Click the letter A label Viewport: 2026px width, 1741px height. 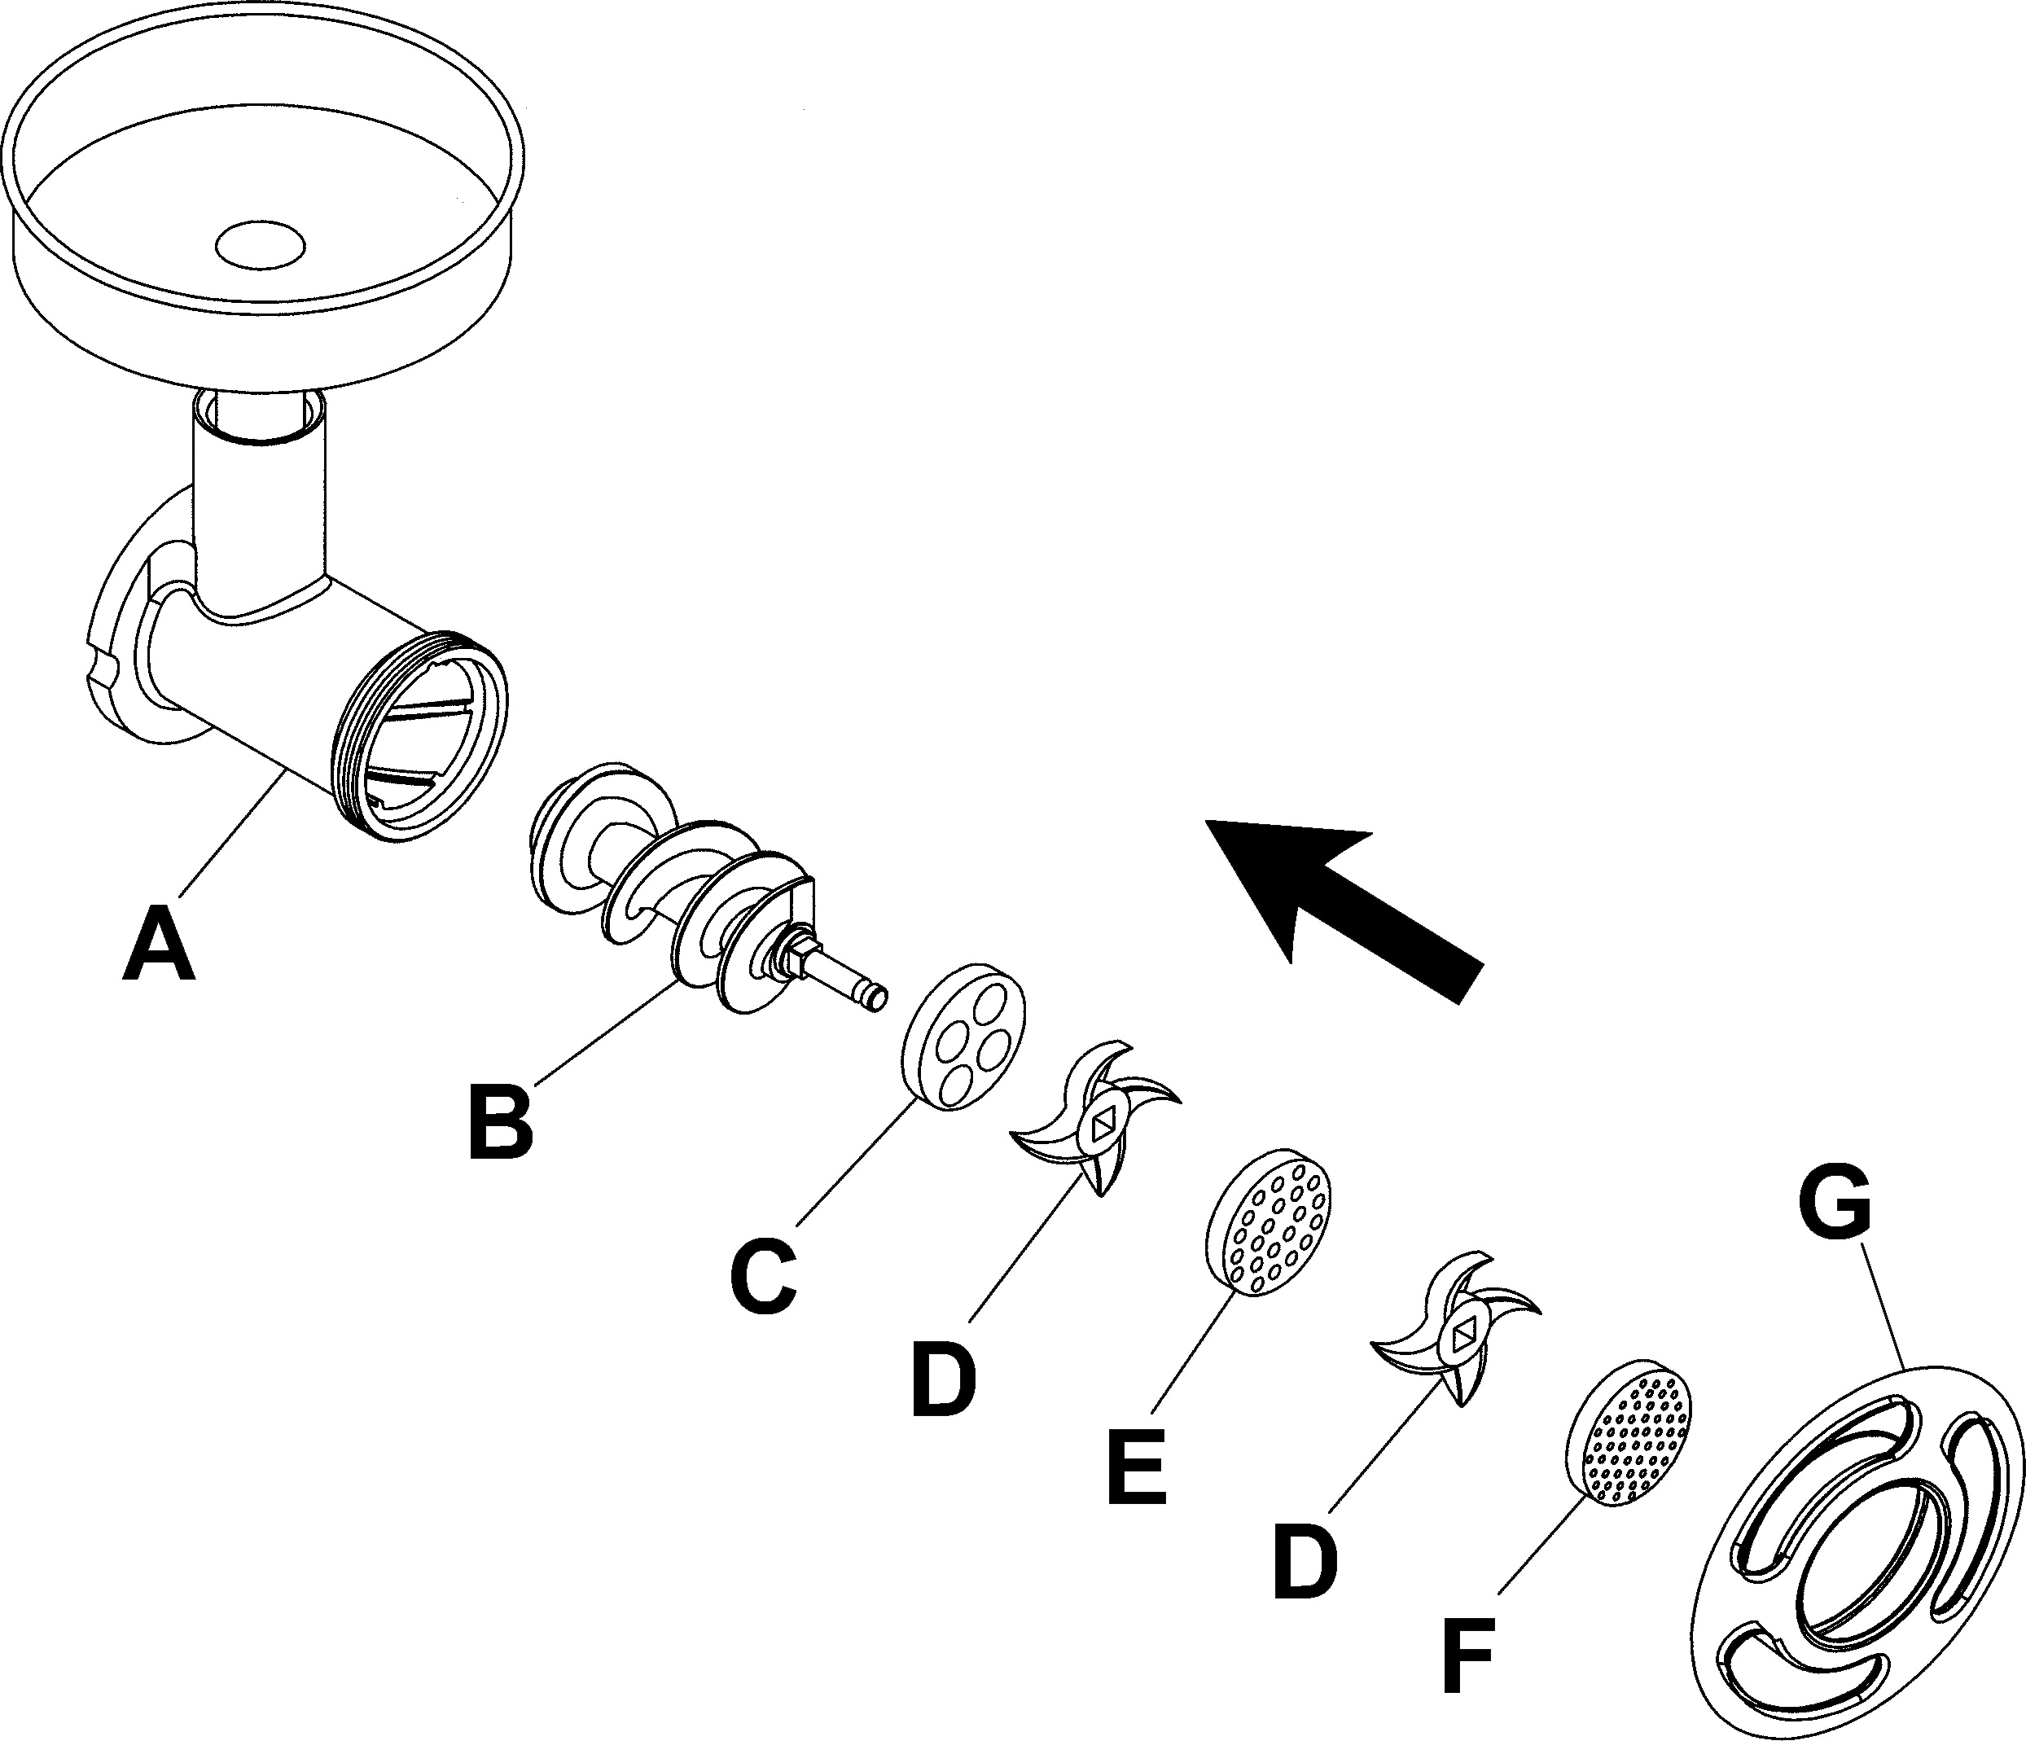[x=160, y=943]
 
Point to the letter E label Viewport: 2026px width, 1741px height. [x=1137, y=1467]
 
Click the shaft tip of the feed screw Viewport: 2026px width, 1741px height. [x=870, y=996]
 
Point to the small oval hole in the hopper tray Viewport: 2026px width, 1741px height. [x=260, y=243]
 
